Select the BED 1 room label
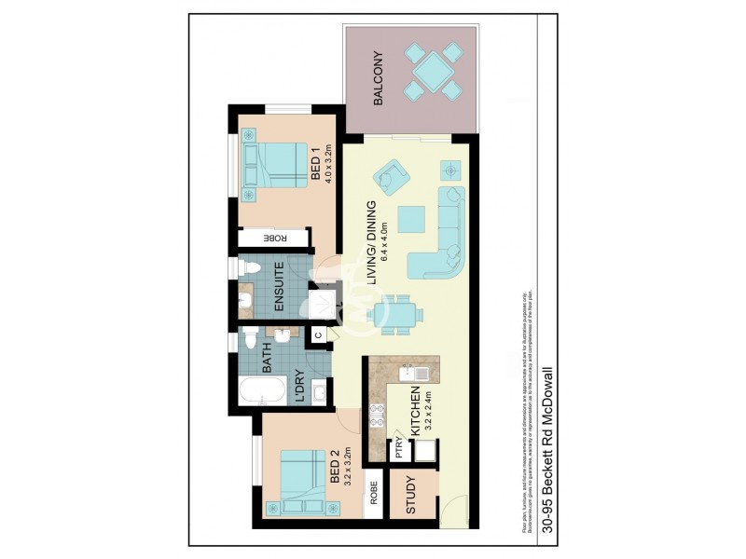(315, 164)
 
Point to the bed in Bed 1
(276, 165)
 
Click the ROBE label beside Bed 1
(275, 239)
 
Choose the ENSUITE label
(277, 290)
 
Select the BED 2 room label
(336, 470)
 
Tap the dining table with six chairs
(395, 313)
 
